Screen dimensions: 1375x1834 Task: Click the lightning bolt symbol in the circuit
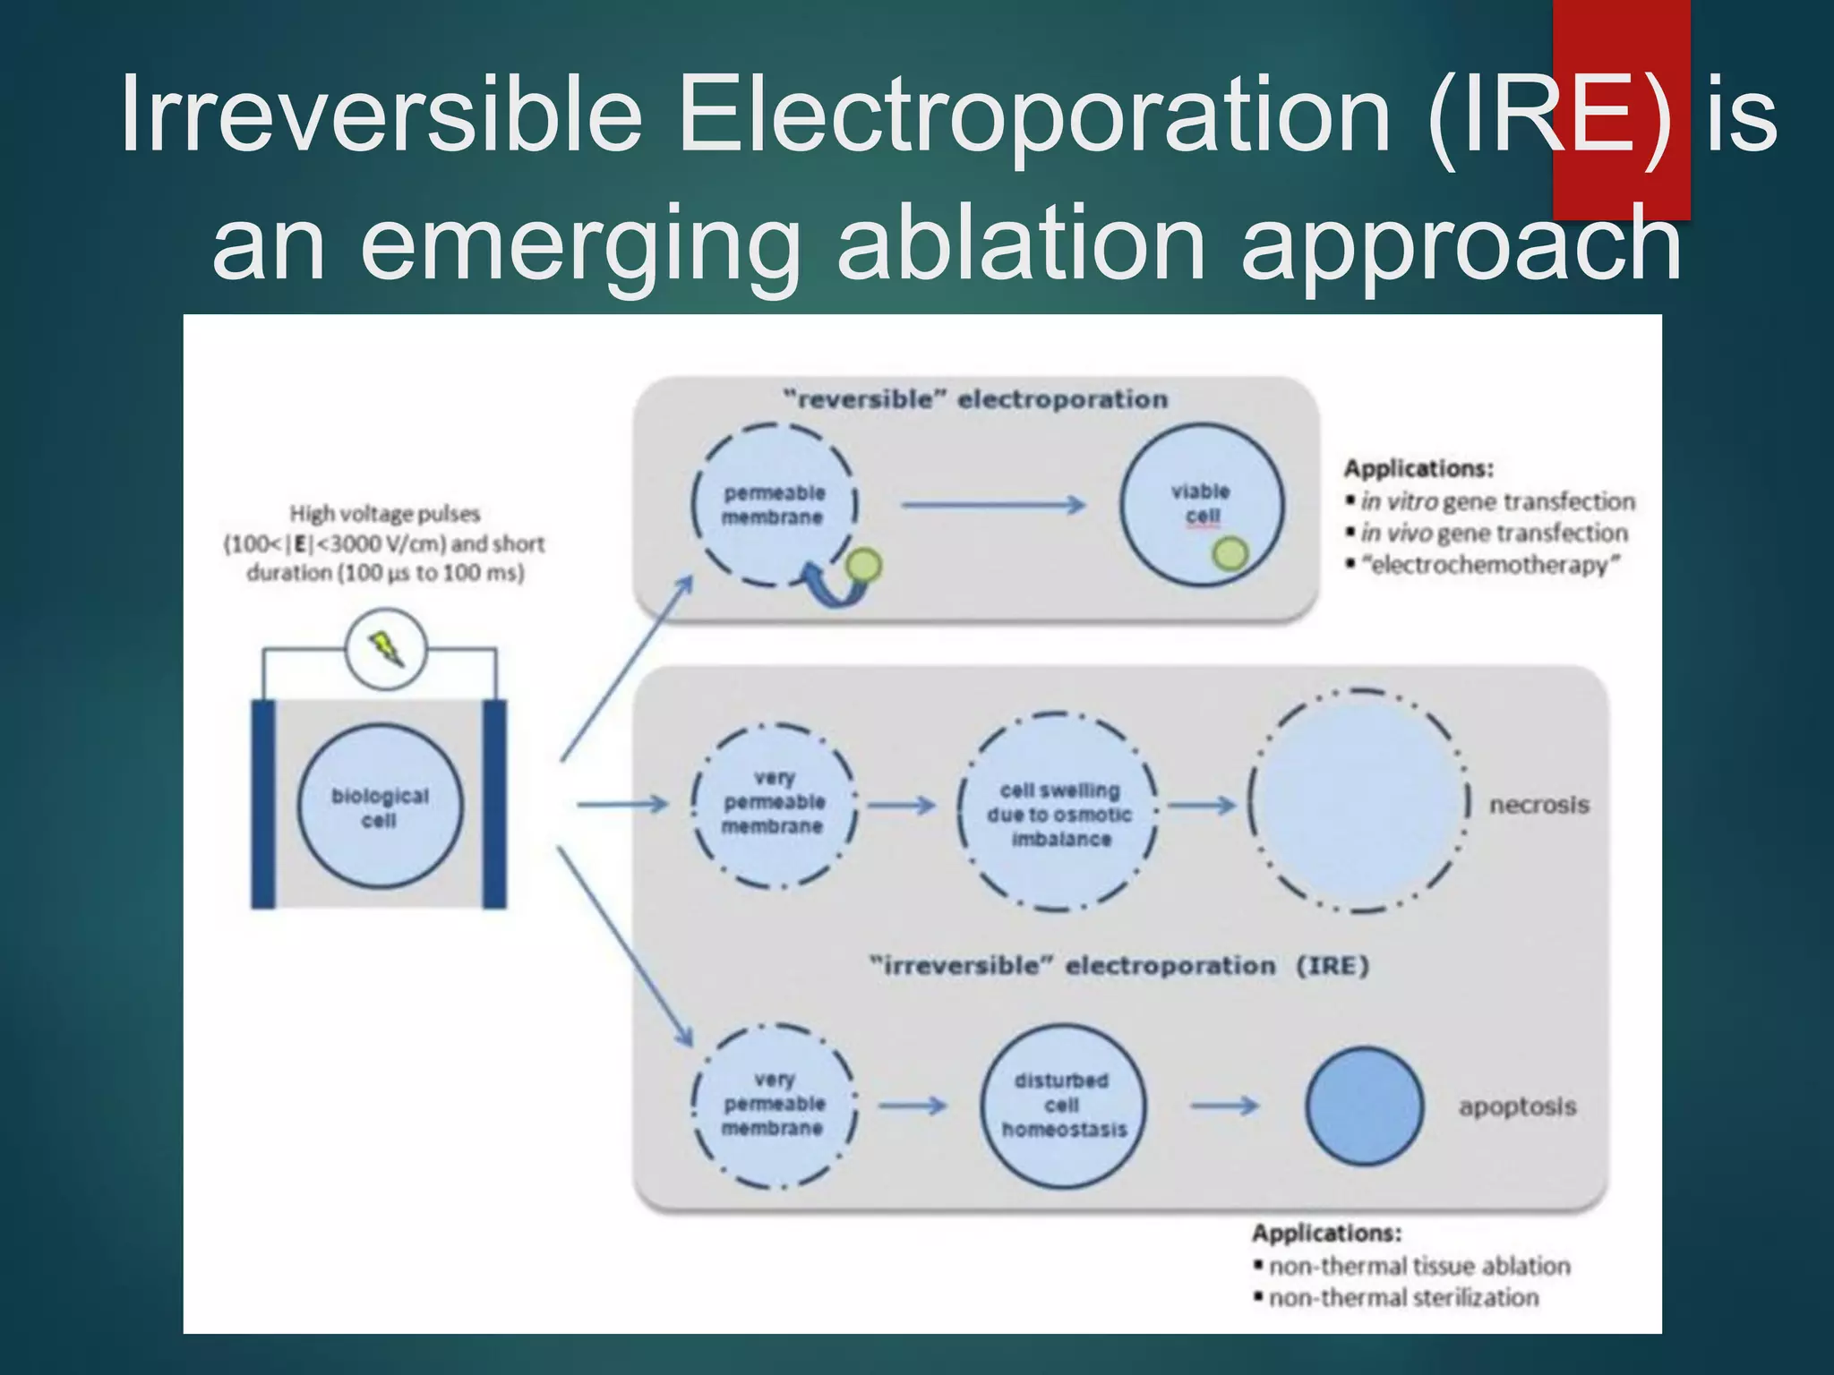coord(387,648)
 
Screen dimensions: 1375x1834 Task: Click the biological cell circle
coord(381,807)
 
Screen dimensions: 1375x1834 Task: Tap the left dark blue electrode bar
coord(263,804)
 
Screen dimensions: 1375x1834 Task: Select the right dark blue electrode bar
coord(494,804)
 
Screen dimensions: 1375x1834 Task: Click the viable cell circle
coord(1202,505)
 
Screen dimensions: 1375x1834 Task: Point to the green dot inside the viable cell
coord(1230,554)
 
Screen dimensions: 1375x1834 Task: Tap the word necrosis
coord(1538,805)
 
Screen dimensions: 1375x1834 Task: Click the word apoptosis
coord(1517,1106)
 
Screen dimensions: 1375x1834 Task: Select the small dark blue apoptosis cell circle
coord(1364,1106)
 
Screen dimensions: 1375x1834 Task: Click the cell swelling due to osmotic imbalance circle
coord(1058,813)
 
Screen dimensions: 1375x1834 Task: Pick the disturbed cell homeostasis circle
coord(1062,1106)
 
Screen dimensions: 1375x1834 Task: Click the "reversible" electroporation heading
coord(974,399)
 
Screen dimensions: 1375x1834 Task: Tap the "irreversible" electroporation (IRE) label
coord(1119,966)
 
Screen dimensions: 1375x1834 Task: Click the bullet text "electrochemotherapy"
coord(1490,566)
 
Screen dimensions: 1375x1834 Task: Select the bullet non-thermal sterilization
coord(1402,1298)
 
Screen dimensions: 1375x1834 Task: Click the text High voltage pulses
coord(384,514)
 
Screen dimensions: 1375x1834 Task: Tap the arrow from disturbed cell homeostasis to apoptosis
coord(1223,1106)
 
